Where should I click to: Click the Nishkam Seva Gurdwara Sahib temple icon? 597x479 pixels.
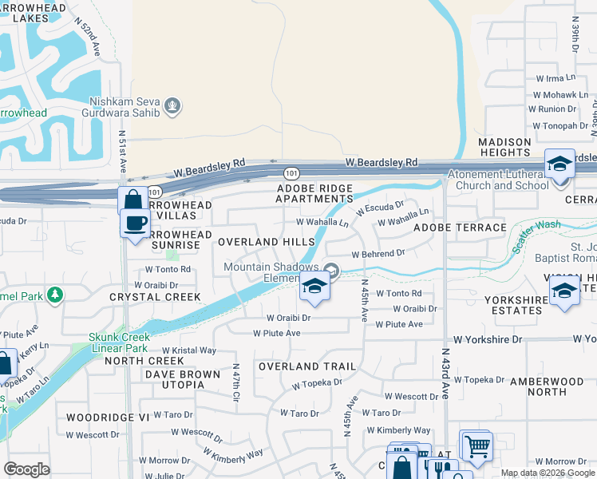pos(172,105)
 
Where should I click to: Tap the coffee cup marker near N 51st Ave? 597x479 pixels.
pos(135,223)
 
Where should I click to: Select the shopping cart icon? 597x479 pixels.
pos(476,446)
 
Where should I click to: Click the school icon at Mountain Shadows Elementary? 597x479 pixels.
pos(314,287)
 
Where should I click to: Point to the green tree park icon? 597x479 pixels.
pos(55,296)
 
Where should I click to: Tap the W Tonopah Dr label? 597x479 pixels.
pos(560,125)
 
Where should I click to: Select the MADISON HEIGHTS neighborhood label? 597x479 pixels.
pos(504,148)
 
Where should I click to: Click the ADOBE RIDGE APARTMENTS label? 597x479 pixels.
pos(314,193)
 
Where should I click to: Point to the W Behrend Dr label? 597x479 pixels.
pos(378,252)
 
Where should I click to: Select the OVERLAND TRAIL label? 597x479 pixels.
pos(306,366)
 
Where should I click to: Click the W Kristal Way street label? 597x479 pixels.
pos(189,350)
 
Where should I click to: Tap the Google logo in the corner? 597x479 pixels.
pos(27,469)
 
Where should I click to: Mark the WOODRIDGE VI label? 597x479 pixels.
pos(97,417)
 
